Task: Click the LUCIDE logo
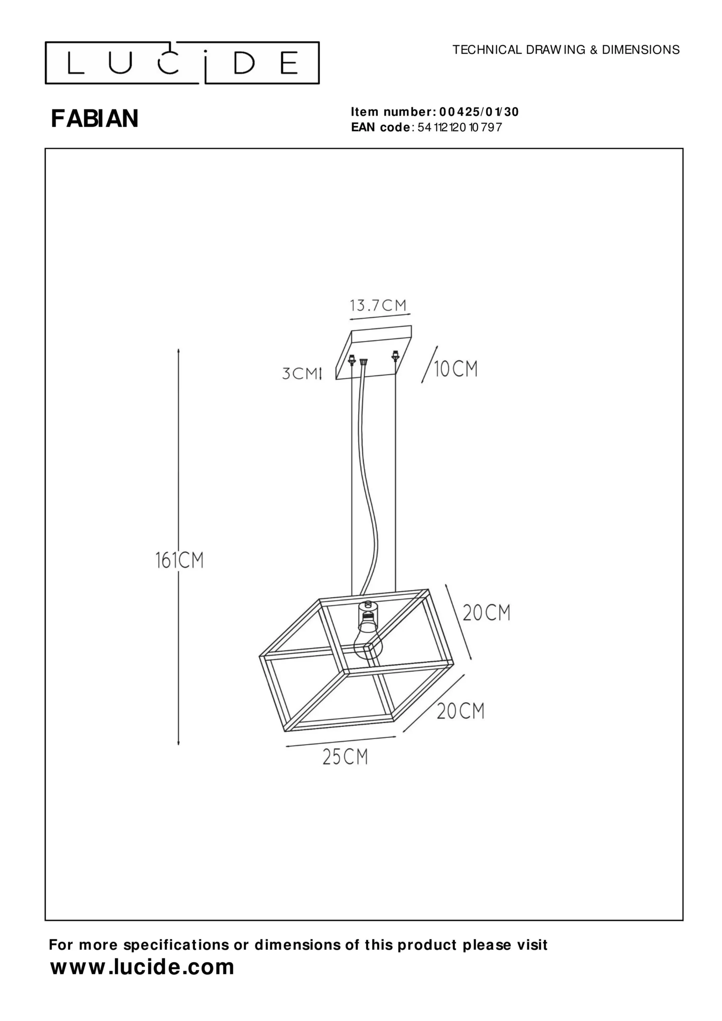pyautogui.click(x=182, y=63)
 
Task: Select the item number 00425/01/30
pyautogui.click(x=479, y=112)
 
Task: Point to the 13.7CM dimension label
pyautogui.click(x=378, y=306)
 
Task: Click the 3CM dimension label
pyautogui.click(x=300, y=374)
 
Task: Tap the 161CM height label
pyautogui.click(x=179, y=560)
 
